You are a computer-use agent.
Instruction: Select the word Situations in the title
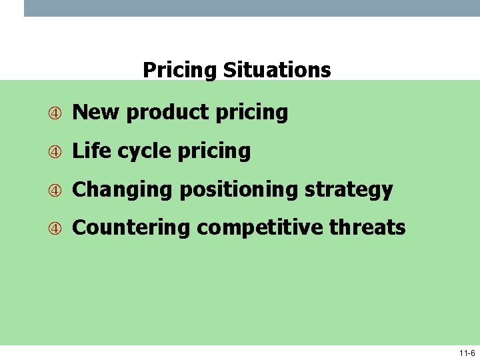(x=277, y=70)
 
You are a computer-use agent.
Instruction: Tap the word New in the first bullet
(x=96, y=112)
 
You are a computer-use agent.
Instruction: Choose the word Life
(x=91, y=151)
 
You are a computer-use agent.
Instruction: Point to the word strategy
(x=349, y=190)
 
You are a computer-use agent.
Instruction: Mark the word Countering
(x=131, y=228)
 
